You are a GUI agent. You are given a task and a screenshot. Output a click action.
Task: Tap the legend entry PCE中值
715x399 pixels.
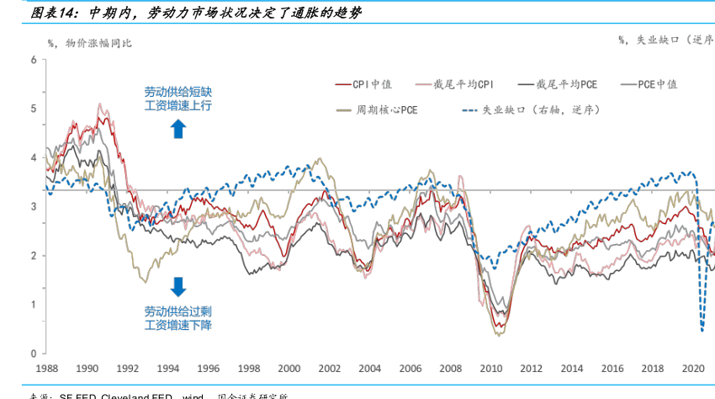657,84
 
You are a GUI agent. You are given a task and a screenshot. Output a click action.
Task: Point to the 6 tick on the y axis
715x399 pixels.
33,60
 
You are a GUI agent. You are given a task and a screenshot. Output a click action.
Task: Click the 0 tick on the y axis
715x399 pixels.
33,354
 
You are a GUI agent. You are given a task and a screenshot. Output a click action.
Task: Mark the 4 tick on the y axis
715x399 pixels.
33,157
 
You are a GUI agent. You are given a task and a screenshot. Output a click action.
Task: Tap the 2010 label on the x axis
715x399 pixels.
490,369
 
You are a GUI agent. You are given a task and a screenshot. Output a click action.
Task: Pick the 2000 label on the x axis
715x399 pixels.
289,369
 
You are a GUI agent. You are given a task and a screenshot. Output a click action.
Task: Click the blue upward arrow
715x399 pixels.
177,128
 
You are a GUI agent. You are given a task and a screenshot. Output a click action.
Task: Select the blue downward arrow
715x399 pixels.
177,286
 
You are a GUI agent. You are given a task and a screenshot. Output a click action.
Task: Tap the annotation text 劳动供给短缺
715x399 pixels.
177,91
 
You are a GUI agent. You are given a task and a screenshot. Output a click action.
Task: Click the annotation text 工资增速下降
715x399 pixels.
177,325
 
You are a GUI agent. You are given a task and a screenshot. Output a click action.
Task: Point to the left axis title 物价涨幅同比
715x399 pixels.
99,41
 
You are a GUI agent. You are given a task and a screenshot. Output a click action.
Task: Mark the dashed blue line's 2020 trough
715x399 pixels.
702,330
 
